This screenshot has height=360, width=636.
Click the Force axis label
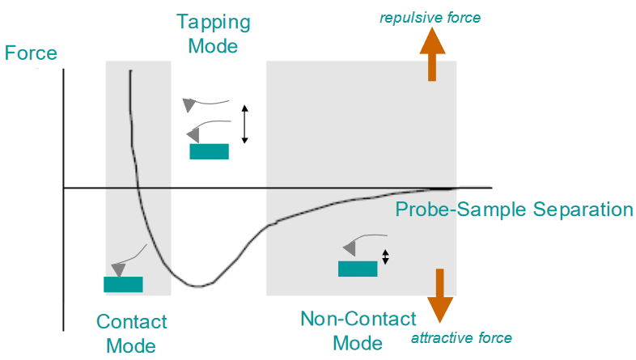(x=31, y=54)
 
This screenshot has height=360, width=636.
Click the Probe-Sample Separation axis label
(x=514, y=210)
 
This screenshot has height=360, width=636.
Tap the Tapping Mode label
(x=213, y=33)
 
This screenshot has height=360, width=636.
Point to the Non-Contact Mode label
(x=358, y=330)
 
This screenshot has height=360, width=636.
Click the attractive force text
(x=462, y=337)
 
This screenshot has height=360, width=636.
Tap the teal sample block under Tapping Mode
(x=209, y=151)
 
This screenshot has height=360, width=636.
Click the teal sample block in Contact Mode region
(x=123, y=284)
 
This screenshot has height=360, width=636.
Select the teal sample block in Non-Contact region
(x=358, y=269)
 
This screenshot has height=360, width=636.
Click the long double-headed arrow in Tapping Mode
(x=245, y=123)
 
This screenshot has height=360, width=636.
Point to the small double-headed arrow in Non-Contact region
(x=386, y=256)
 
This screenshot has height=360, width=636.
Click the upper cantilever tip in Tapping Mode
(x=189, y=104)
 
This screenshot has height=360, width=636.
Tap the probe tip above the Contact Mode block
(x=119, y=268)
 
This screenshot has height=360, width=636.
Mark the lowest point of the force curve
(x=198, y=286)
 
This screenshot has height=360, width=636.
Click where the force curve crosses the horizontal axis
(x=138, y=188)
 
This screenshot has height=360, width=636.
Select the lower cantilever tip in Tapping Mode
(x=193, y=133)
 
